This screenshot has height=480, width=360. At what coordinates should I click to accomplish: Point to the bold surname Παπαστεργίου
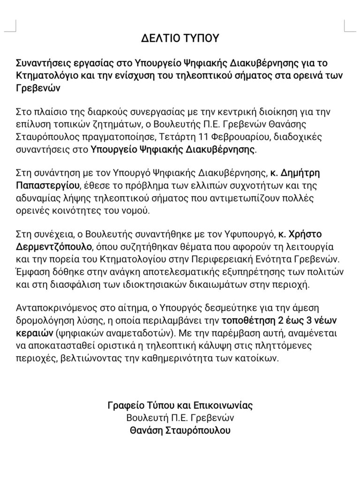pos(45,186)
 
